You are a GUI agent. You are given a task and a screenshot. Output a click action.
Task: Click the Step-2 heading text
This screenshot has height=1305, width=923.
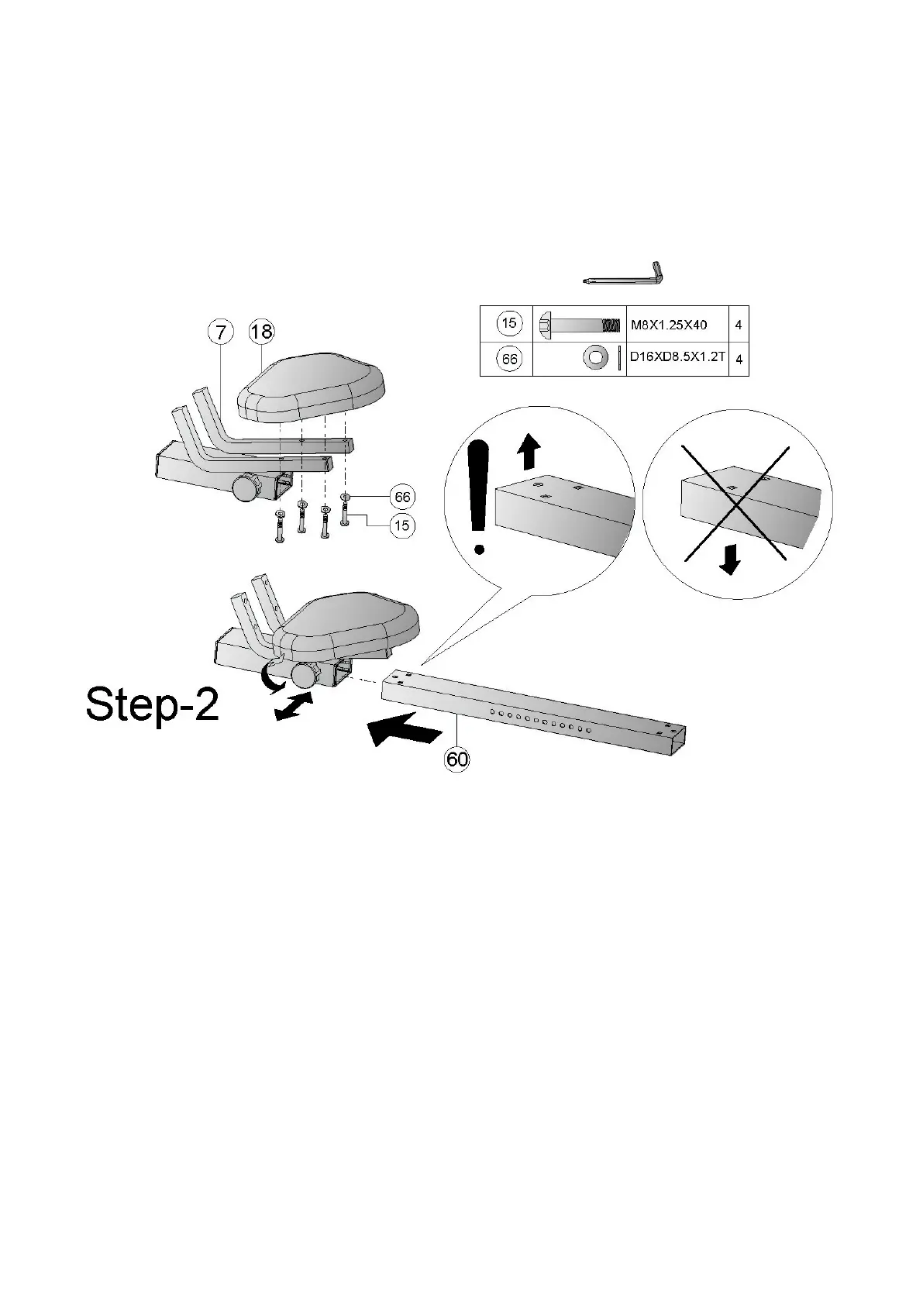[153, 705]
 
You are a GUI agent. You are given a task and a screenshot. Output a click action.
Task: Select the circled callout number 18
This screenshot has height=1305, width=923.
[261, 332]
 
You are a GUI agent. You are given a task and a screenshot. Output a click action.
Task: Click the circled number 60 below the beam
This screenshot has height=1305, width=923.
[457, 759]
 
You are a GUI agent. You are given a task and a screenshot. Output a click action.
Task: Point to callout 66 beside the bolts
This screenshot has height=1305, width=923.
[402, 497]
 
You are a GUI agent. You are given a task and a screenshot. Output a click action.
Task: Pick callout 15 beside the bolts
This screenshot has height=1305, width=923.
[401, 525]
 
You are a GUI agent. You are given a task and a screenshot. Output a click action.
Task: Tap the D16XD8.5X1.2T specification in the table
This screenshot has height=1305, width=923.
[677, 359]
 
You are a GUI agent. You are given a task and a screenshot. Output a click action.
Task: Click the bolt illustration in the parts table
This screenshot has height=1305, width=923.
[578, 325]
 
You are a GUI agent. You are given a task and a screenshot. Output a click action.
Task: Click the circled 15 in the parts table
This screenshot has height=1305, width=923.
[508, 324]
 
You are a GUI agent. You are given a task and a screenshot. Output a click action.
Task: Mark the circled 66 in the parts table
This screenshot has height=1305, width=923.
[509, 360]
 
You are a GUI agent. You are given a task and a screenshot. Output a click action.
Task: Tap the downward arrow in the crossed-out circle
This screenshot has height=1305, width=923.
[728, 560]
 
